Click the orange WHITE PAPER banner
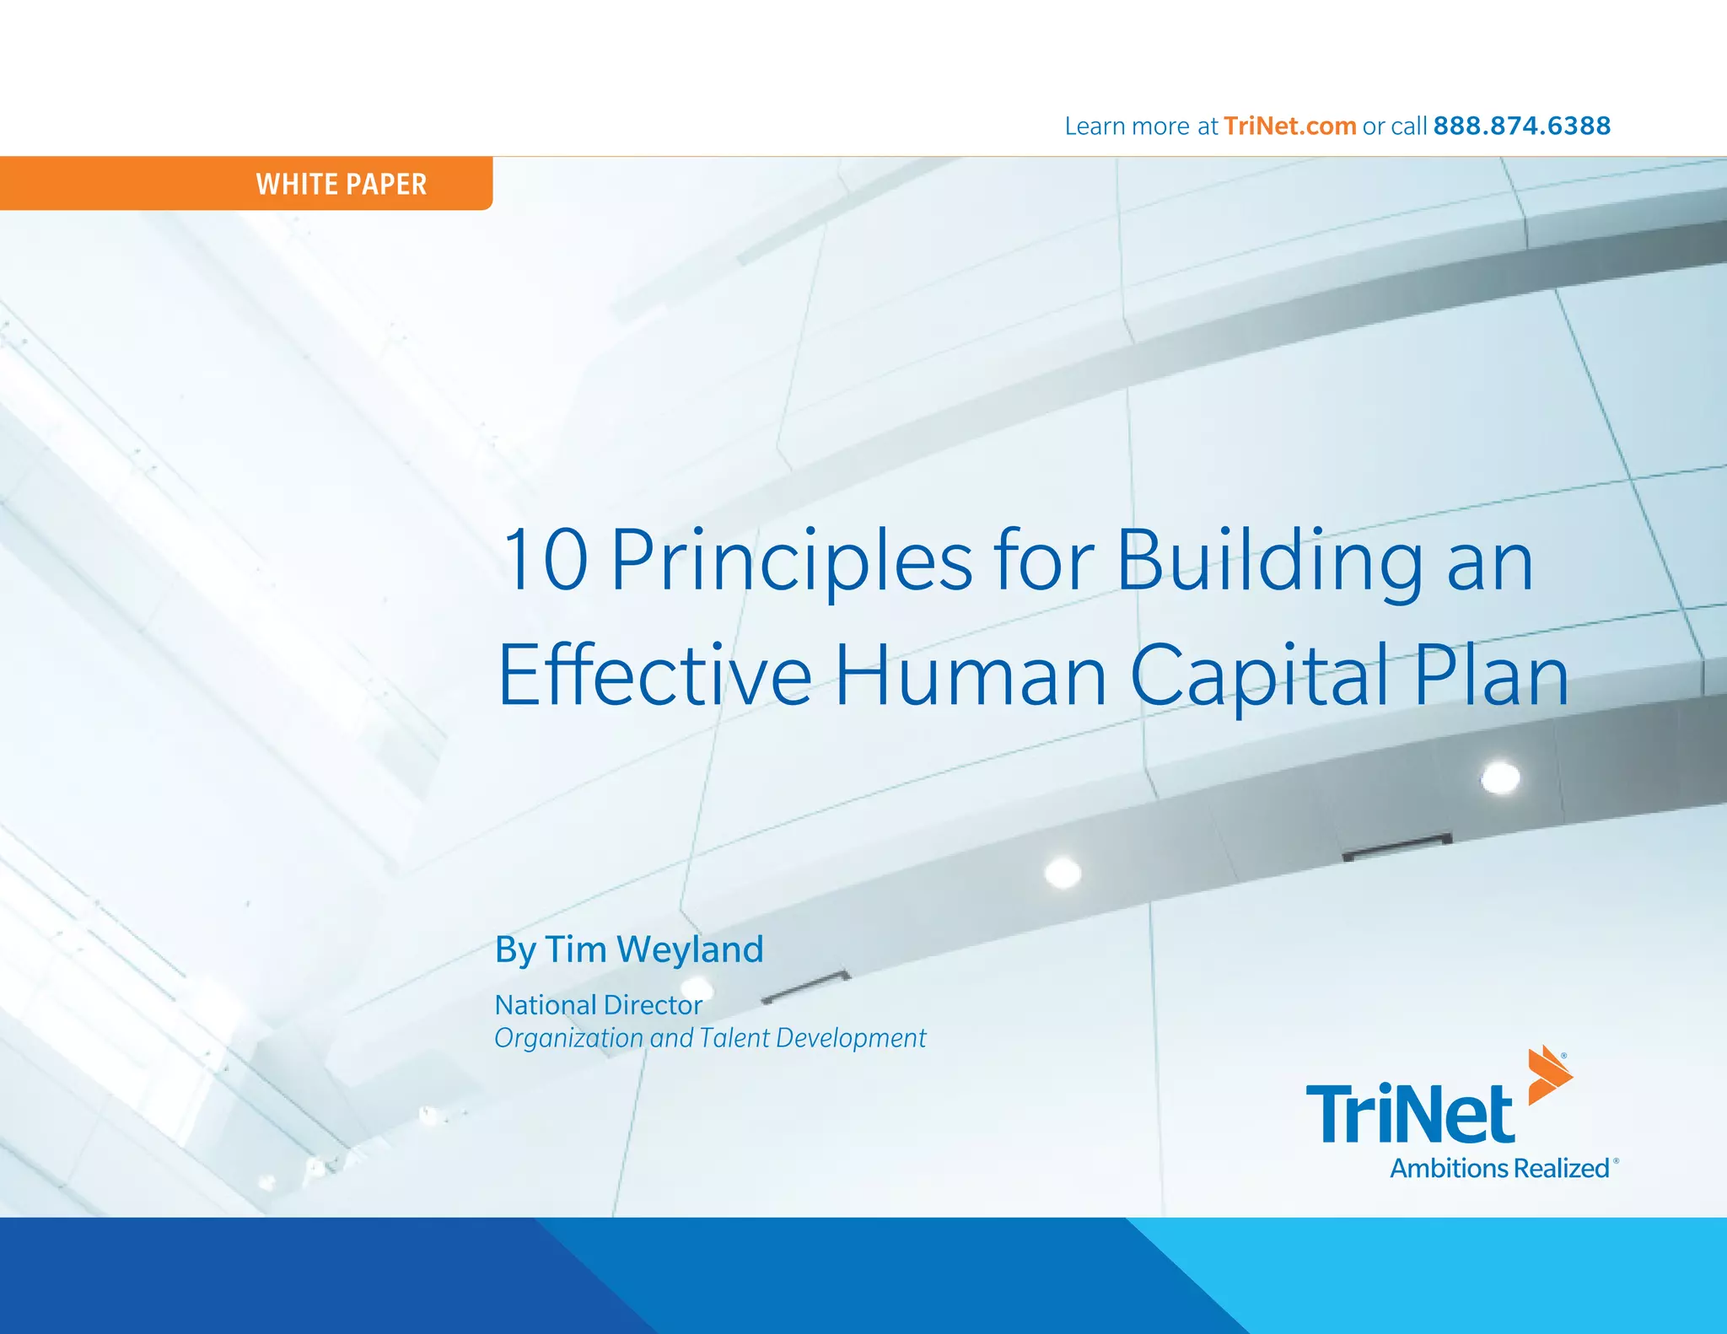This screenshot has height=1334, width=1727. tap(246, 183)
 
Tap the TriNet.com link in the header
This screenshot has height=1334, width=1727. tap(1289, 126)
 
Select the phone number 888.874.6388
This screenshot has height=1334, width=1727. tap(1521, 126)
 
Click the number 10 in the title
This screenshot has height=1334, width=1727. tap(545, 561)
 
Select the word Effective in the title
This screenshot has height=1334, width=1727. tap(654, 676)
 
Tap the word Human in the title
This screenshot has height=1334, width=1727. tap(970, 676)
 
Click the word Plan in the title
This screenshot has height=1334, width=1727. tap(1491, 676)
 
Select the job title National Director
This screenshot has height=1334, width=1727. tap(598, 1005)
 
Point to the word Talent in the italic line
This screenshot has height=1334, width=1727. tap(734, 1038)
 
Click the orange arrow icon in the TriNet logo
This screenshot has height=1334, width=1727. tap(1549, 1075)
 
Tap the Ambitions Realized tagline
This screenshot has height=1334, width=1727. tap(1499, 1169)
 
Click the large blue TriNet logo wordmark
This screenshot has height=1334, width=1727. tap(1410, 1115)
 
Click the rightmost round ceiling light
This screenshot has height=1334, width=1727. tap(1501, 777)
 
